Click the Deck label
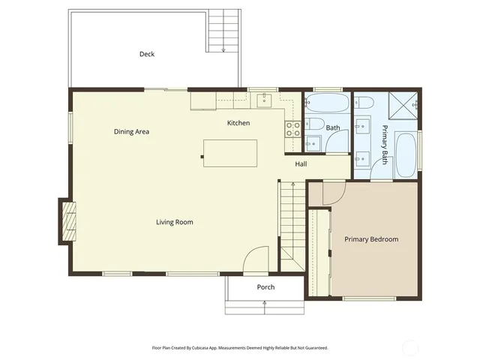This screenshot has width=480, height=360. (147, 54)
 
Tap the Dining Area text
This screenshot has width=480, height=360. (131, 132)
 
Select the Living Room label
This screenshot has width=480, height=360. (175, 222)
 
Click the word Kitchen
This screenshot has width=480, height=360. (238, 123)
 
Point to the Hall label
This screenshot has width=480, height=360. (301, 164)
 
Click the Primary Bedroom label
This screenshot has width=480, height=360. (371, 239)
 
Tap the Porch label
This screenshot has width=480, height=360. (265, 287)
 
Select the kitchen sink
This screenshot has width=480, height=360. (265, 99)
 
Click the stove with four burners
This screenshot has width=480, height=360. (293, 129)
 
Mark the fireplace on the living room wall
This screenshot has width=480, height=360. (67, 221)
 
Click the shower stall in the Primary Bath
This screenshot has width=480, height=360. (406, 106)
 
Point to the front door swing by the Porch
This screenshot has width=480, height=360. (256, 260)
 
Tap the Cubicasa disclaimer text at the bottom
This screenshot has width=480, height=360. (239, 348)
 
